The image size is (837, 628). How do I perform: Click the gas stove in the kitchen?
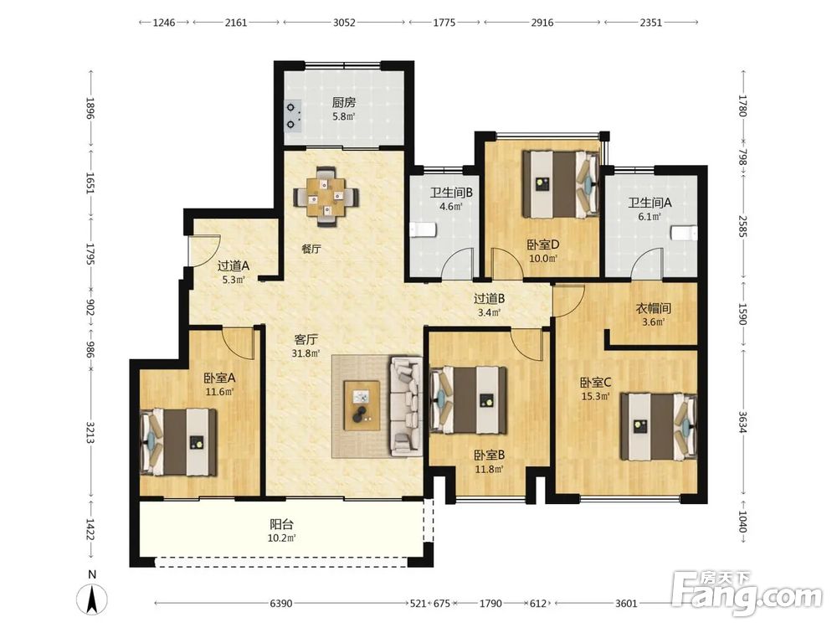(x=292, y=116)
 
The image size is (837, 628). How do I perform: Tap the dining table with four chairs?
(x=326, y=197)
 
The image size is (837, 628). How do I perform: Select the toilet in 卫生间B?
(x=423, y=230)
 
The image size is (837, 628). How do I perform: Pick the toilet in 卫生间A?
(x=684, y=233)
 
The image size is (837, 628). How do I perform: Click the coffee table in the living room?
(x=362, y=405)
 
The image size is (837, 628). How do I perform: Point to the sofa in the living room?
(x=407, y=406)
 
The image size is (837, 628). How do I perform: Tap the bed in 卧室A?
(x=178, y=442)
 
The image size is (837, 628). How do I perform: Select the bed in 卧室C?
(x=659, y=427)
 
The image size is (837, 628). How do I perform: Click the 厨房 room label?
(x=344, y=102)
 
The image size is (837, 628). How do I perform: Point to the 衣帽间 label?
(x=654, y=308)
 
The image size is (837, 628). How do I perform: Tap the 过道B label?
(x=489, y=299)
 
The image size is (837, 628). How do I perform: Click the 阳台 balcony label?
(x=281, y=524)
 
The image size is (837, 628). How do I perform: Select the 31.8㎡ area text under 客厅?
(x=306, y=353)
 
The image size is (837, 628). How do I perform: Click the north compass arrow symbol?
(x=92, y=599)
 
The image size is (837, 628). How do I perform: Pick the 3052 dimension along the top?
(x=344, y=23)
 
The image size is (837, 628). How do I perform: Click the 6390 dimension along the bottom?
(x=280, y=604)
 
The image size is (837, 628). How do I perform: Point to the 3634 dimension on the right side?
(x=742, y=422)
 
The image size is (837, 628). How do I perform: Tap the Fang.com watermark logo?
(x=747, y=594)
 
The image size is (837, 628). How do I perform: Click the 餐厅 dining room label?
(x=311, y=249)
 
